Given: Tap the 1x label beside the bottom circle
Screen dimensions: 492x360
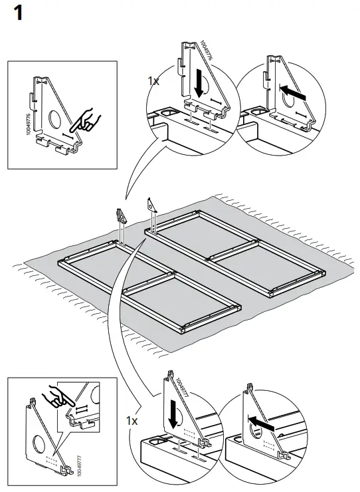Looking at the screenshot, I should [132, 421].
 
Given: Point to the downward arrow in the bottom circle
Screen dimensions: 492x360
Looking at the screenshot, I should [173, 415].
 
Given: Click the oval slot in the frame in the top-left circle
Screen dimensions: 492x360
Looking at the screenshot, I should [163, 113].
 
